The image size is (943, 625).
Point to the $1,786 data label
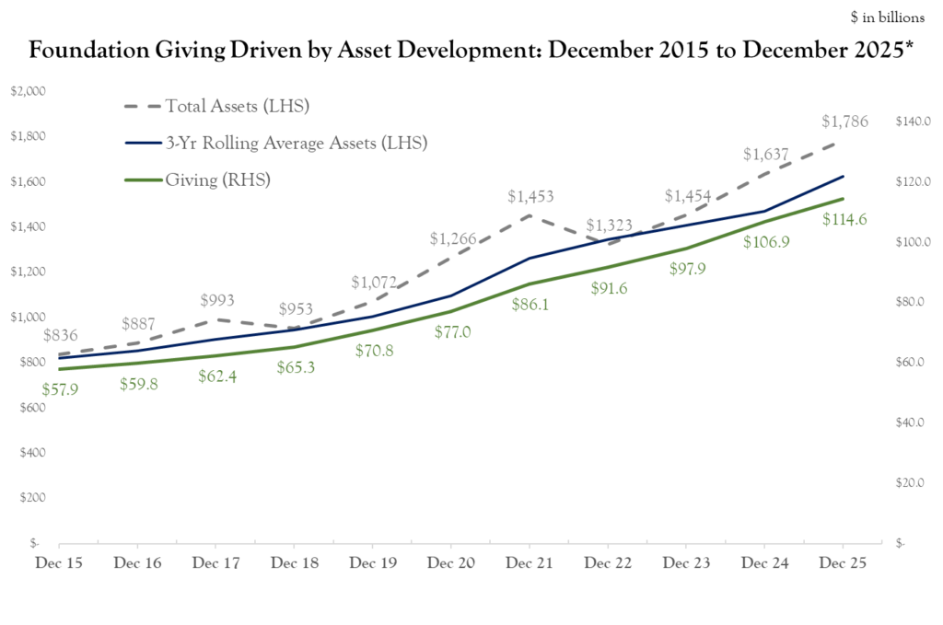click(x=844, y=121)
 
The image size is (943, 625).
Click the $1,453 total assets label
click(x=530, y=196)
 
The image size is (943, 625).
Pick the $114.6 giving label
click(x=844, y=219)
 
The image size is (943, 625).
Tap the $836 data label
click(x=60, y=335)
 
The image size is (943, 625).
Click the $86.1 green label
click(x=530, y=304)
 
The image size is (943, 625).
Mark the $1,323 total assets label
click(x=609, y=225)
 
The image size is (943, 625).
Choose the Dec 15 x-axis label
click(x=58, y=561)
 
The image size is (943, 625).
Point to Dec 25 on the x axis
click(x=844, y=561)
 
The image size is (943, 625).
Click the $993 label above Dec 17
click(x=217, y=300)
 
